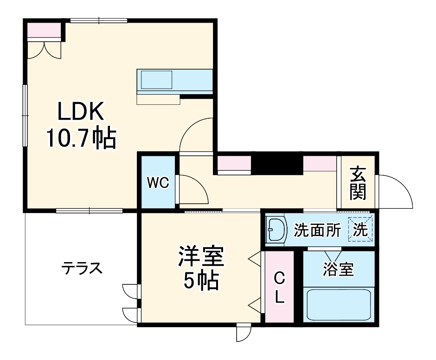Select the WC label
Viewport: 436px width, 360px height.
click(x=158, y=183)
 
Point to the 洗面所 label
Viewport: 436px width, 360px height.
click(x=318, y=230)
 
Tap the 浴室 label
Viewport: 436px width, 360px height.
click(x=338, y=270)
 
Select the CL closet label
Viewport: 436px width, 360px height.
click(x=279, y=288)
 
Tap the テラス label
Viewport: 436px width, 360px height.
click(x=82, y=269)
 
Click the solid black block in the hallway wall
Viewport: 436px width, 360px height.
click(x=277, y=164)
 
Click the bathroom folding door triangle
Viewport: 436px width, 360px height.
click(x=333, y=256)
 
